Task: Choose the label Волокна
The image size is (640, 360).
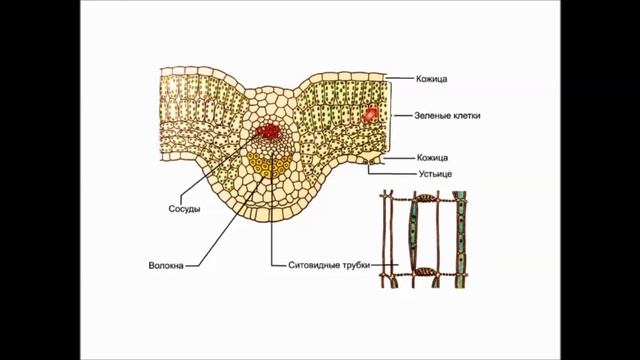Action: pyautogui.click(x=165, y=266)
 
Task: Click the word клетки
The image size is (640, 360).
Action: pyautogui.click(x=465, y=116)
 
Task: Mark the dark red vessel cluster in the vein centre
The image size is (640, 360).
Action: pyautogui.click(x=268, y=131)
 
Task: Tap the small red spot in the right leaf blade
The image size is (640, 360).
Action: pyautogui.click(x=372, y=114)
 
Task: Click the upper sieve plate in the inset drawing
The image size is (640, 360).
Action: pyautogui.click(x=428, y=198)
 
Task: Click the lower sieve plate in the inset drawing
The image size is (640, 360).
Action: pyautogui.click(x=427, y=270)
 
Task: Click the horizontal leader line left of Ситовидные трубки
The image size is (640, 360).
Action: pyautogui.click(x=278, y=266)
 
